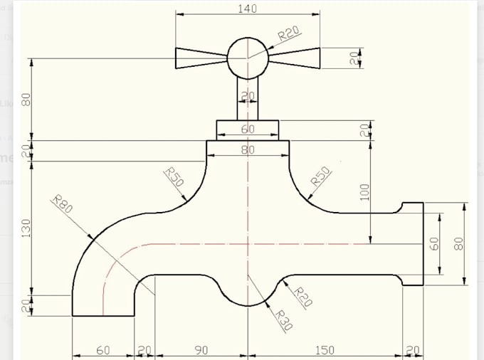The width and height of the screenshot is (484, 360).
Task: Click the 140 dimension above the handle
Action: click(247, 9)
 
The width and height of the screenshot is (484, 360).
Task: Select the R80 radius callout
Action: click(63, 206)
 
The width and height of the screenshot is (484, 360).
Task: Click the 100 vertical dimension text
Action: click(364, 191)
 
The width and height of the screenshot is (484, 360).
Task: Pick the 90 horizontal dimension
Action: click(201, 350)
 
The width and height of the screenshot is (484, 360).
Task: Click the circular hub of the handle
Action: click(248, 58)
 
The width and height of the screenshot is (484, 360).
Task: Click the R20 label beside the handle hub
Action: click(288, 34)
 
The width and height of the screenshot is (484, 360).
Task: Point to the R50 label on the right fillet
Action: click(322, 177)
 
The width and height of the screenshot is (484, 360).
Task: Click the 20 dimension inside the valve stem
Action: click(248, 96)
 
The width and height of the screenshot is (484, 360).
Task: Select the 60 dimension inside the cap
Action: click(248, 129)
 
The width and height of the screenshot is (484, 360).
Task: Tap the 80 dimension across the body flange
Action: click(248, 150)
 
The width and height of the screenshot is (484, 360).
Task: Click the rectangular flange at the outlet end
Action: click(413, 244)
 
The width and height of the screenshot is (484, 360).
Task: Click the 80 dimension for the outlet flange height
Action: click(459, 243)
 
